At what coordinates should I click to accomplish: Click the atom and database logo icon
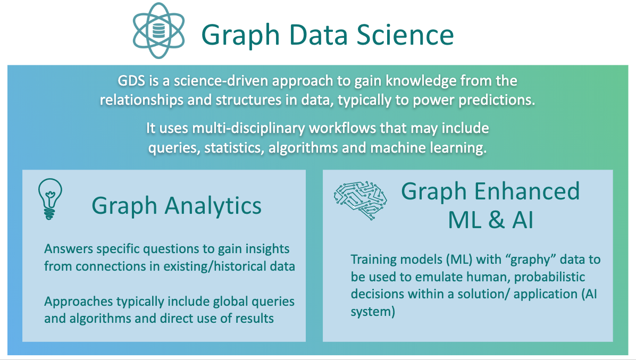click(x=158, y=31)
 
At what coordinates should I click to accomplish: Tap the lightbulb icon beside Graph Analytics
click(x=50, y=199)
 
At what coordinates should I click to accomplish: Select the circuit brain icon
click(x=360, y=200)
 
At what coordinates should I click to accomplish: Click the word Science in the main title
click(x=405, y=35)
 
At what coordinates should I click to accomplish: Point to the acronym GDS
click(x=131, y=81)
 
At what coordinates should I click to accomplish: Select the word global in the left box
click(x=230, y=302)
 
